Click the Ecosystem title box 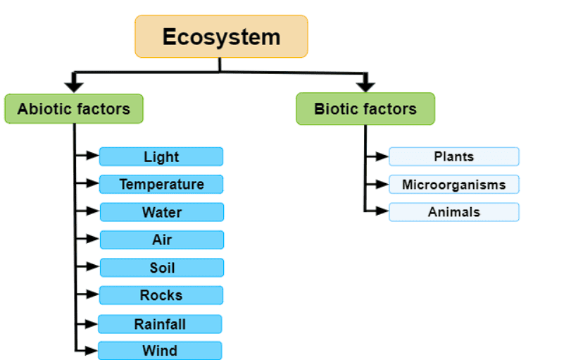click(x=221, y=37)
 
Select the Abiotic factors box click(x=74, y=109)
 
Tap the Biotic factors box click(x=365, y=109)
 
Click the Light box click(x=161, y=156)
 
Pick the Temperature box click(x=161, y=184)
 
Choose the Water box click(x=161, y=212)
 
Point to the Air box click(x=161, y=240)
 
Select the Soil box click(x=161, y=268)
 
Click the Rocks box click(x=161, y=295)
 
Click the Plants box click(x=453, y=156)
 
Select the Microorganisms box click(x=453, y=185)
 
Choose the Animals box click(x=453, y=212)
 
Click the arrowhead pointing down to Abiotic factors click(x=74, y=87)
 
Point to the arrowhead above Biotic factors click(x=365, y=87)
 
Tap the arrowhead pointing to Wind click(x=92, y=350)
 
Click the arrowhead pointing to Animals click(x=382, y=211)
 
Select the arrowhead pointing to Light click(x=92, y=156)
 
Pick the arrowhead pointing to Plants click(x=382, y=156)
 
